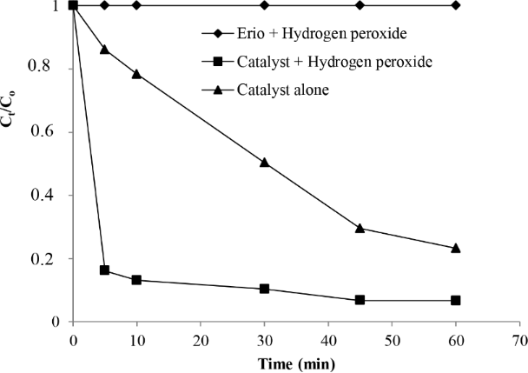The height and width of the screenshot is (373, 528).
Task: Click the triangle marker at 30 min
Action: click(x=264, y=163)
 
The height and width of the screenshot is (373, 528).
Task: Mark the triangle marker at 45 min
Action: click(x=360, y=228)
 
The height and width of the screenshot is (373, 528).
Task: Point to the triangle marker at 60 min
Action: click(x=455, y=248)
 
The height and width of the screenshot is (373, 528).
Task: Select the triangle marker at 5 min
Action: click(x=105, y=49)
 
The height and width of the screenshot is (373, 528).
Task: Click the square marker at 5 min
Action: click(x=105, y=270)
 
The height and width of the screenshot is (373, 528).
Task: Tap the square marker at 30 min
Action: click(x=264, y=289)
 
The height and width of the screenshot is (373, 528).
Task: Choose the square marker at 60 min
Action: click(x=455, y=301)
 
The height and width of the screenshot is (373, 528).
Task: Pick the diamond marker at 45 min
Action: click(x=360, y=5)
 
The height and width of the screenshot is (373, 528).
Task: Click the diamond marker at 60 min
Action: click(x=455, y=5)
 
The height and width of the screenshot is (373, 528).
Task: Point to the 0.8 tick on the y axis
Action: click(x=73, y=69)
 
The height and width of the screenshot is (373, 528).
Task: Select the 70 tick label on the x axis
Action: click(x=518, y=337)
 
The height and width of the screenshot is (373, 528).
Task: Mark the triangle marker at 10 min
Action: click(x=136, y=74)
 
